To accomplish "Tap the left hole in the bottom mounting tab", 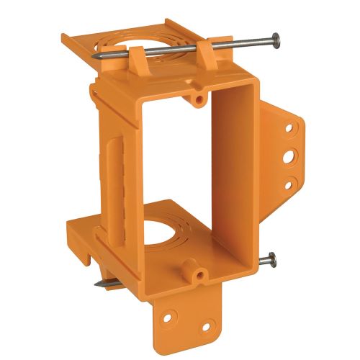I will (x=170, y=315).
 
